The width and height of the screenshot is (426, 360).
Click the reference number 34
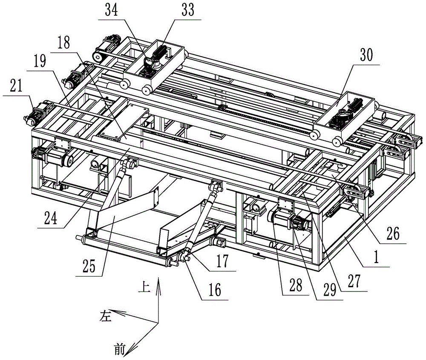click(x=111, y=11)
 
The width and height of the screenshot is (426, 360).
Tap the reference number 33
click(x=188, y=11)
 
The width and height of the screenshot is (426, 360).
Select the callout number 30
click(x=366, y=55)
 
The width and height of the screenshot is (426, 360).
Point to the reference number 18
click(x=64, y=43)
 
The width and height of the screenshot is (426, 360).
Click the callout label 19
click(x=40, y=61)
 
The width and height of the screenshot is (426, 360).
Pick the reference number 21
click(x=16, y=86)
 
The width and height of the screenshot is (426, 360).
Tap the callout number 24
click(x=51, y=218)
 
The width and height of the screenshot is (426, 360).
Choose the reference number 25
click(x=89, y=266)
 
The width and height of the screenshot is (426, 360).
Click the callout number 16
click(x=215, y=290)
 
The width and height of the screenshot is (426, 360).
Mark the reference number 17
click(x=222, y=261)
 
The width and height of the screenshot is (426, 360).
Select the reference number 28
click(x=296, y=286)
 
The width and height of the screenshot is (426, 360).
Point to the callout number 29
click(x=330, y=290)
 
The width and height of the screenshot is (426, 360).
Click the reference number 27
click(x=354, y=281)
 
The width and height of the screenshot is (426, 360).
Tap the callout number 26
click(x=393, y=233)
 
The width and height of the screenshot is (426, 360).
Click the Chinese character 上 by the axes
click(x=144, y=287)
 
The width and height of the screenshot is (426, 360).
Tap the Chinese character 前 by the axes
click(x=119, y=349)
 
